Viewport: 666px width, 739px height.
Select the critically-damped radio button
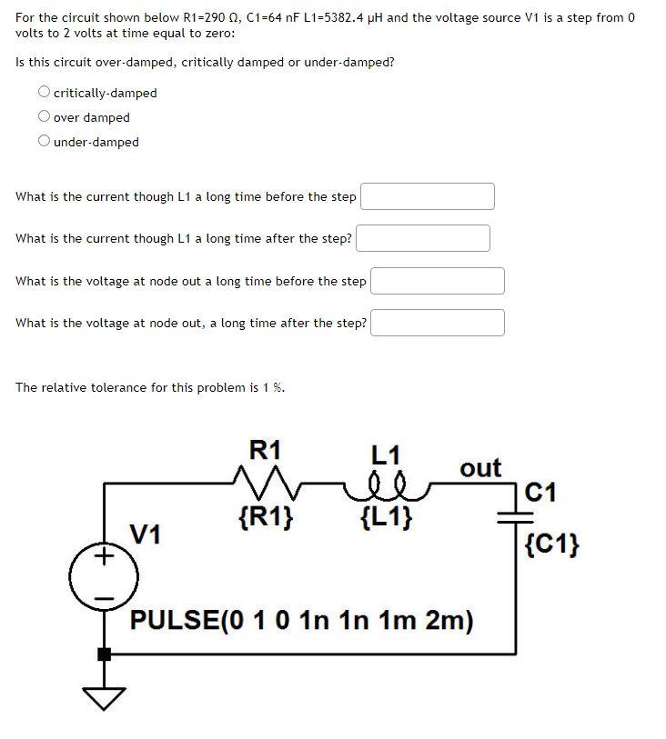pyautogui.click(x=44, y=93)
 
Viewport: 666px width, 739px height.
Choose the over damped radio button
pyautogui.click(x=44, y=117)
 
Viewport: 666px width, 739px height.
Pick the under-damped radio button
pyautogui.click(x=44, y=142)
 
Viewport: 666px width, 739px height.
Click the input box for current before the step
pyautogui.click(x=428, y=196)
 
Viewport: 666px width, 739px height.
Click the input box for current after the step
pyautogui.click(x=423, y=238)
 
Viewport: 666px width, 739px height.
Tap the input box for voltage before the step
pyautogui.click(x=437, y=281)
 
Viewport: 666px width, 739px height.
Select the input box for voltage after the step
pyautogui.click(x=437, y=323)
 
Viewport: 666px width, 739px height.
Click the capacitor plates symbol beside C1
pyautogui.click(x=507, y=515)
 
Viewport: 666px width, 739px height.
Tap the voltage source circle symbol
pyautogui.click(x=105, y=575)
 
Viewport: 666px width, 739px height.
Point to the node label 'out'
pyautogui.click(x=480, y=468)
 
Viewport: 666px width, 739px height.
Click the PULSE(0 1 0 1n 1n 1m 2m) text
pyautogui.click(x=302, y=621)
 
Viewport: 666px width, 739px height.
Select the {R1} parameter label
pyautogui.click(x=265, y=518)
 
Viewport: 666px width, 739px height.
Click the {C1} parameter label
pyautogui.click(x=552, y=544)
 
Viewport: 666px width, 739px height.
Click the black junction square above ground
pyautogui.click(x=104, y=654)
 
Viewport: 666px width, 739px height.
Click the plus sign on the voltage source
pyautogui.click(x=105, y=554)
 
